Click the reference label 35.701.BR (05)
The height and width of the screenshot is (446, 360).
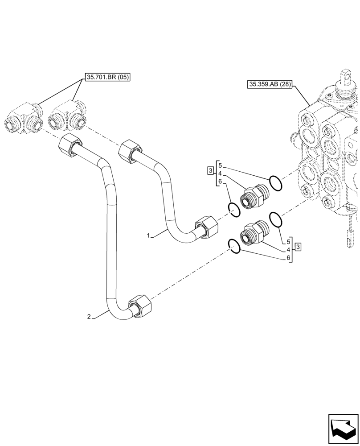click(x=107, y=77)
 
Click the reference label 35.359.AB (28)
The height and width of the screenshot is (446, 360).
click(x=269, y=83)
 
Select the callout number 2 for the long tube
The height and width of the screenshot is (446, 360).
click(x=89, y=317)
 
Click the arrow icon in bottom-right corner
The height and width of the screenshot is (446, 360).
click(x=343, y=429)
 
